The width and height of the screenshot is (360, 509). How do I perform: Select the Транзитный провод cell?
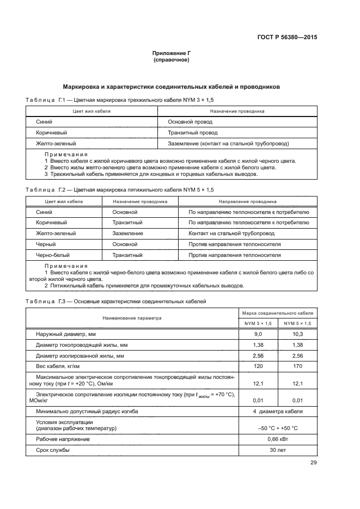coord(193,132)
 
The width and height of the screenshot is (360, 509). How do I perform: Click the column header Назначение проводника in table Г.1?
coord(235,111)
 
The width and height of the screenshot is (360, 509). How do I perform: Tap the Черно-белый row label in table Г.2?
coord(52,255)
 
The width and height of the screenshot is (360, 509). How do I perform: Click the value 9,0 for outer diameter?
coord(258,334)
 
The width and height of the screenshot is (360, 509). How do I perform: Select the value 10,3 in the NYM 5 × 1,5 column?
coord(297,334)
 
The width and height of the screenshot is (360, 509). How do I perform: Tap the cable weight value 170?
coord(297,366)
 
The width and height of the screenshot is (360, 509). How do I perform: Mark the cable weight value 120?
coord(258,366)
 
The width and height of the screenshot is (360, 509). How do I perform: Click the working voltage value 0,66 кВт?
coord(278,439)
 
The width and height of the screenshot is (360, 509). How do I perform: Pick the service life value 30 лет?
coord(278,450)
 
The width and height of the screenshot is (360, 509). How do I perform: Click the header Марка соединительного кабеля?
coord(278,314)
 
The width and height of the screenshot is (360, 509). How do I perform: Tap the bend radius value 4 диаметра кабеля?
coord(278,412)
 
